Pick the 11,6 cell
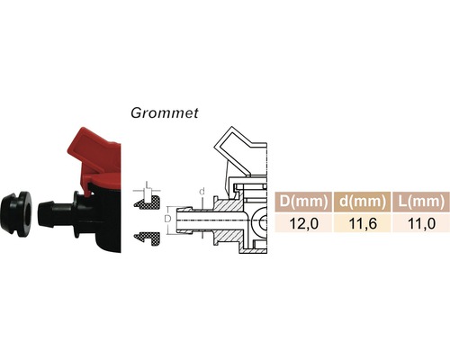pyautogui.click(x=361, y=222)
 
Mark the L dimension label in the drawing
pyautogui.click(x=148, y=187)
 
